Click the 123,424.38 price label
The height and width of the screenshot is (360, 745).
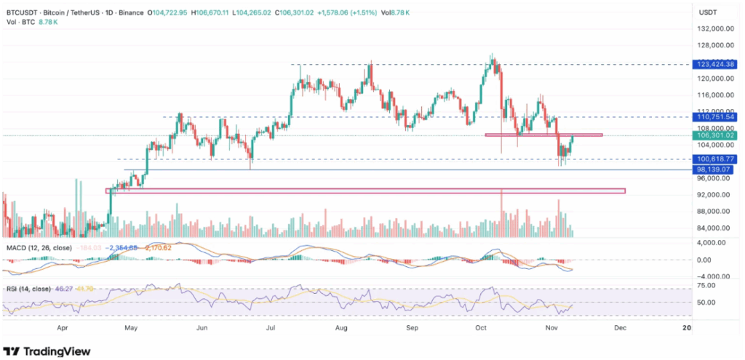(x=717, y=65)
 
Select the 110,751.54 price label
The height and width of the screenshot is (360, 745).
(x=717, y=116)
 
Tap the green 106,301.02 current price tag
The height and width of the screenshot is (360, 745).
(x=717, y=135)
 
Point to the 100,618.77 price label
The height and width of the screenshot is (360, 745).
(x=717, y=159)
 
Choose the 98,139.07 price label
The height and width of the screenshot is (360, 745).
(x=717, y=169)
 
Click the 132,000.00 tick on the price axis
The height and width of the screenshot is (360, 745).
(x=713, y=29)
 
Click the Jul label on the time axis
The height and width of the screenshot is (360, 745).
(x=271, y=329)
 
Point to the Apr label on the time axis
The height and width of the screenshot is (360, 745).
(x=63, y=329)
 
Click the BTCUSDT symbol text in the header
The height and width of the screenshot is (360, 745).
(x=22, y=12)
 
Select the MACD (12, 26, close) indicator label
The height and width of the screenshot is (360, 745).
(x=39, y=248)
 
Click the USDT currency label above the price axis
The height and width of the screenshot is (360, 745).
(x=707, y=12)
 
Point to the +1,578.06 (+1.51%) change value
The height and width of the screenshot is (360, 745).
(x=335, y=12)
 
